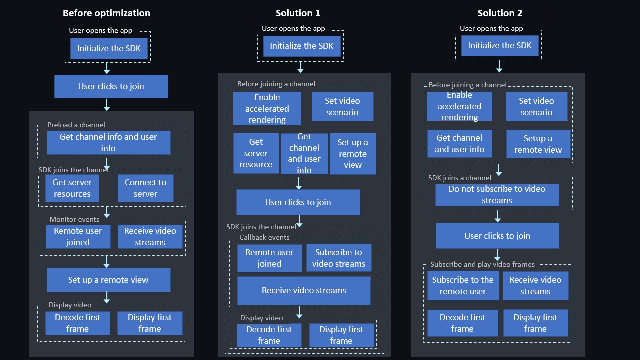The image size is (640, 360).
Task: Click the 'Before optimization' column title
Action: pos(106,13)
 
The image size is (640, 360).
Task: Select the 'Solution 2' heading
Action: pos(500,13)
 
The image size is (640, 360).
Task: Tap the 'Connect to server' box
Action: pos(145,188)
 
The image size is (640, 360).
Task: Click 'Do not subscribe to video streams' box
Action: pos(497,195)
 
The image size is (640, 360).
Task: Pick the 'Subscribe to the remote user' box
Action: pos(463,286)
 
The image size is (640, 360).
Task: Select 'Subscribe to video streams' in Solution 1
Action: pos(339,258)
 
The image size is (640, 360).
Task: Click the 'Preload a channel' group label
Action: pos(76,125)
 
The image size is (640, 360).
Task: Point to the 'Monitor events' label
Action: pos(74,219)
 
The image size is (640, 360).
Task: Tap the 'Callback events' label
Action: pos(264,237)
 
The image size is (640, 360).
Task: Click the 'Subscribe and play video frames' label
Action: pos(482,264)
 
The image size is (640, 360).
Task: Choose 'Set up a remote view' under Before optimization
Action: pos(108,280)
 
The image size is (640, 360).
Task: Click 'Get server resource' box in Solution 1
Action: pos(256,153)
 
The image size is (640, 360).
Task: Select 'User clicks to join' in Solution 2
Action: pos(497,236)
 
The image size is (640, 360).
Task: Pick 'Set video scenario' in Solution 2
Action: pos(536,106)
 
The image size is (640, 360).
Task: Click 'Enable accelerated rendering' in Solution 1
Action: pos(267,108)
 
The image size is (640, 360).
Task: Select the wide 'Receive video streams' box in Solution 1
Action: pos(304,290)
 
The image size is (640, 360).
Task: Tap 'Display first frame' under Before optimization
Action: pos(149,323)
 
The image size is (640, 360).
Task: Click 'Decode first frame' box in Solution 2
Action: pos(462,323)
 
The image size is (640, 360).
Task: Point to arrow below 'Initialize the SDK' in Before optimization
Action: pos(106,68)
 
